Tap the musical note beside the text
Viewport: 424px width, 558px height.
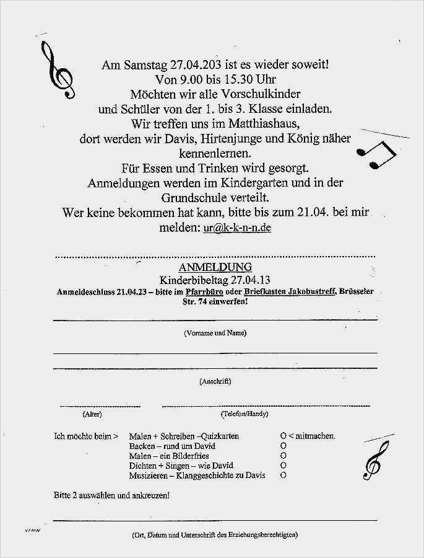coord(378,154)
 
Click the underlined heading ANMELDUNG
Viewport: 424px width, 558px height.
coord(215,267)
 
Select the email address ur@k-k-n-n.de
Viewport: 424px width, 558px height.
coord(237,228)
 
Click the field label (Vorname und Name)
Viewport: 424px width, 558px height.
coord(215,333)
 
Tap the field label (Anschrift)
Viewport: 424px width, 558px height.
coord(215,381)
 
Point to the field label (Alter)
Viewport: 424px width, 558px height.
coord(92,414)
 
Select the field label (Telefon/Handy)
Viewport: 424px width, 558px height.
coord(244,414)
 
